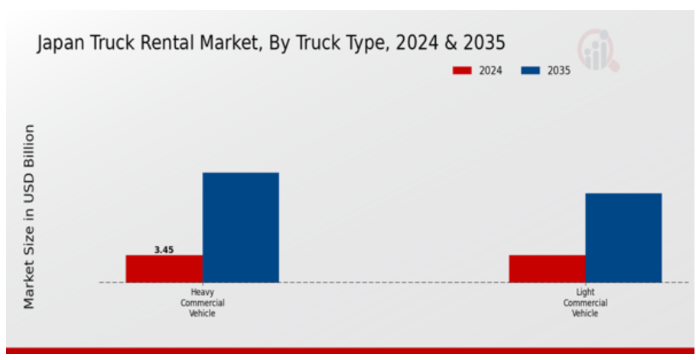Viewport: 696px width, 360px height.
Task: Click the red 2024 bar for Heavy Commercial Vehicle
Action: pyautogui.click(x=164, y=268)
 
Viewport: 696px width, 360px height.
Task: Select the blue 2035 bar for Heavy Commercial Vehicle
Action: pyautogui.click(x=240, y=227)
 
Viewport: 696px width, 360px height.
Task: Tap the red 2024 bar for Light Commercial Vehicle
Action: pyautogui.click(x=547, y=268)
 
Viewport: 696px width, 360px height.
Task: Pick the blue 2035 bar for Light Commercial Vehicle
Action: pyautogui.click(x=623, y=238)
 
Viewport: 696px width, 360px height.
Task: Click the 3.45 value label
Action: pyautogui.click(x=164, y=249)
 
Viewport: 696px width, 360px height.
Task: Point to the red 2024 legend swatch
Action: pyautogui.click(x=462, y=70)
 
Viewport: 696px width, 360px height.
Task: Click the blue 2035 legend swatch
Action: pyautogui.click(x=530, y=70)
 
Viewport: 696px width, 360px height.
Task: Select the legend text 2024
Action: pyautogui.click(x=490, y=70)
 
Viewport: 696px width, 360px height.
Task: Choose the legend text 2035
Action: pyautogui.click(x=558, y=70)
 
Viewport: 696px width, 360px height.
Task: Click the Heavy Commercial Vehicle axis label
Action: pyautogui.click(x=203, y=303)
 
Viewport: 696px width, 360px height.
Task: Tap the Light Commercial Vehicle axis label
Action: pyautogui.click(x=585, y=303)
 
